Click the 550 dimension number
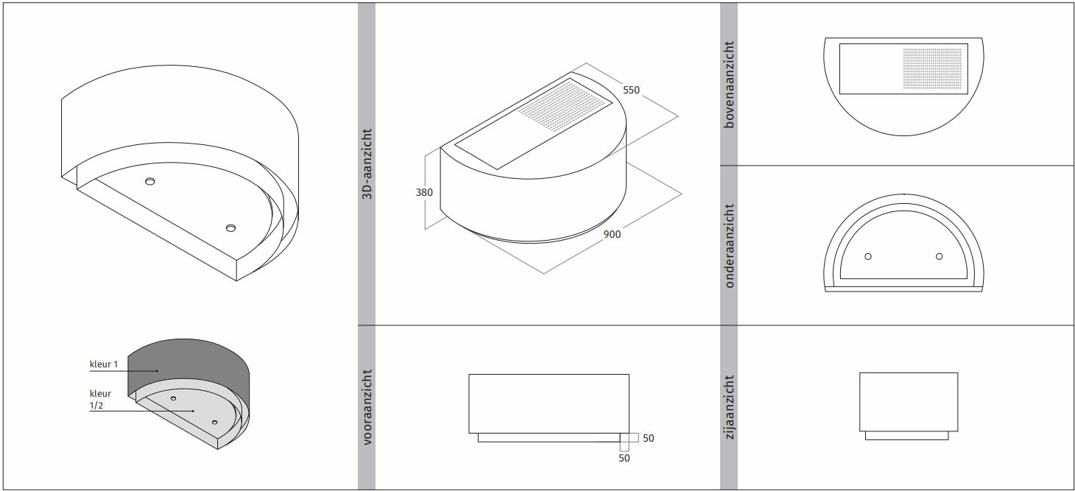coord(631,91)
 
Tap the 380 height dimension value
coord(424,192)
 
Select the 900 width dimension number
coord(612,234)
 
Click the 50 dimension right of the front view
coord(649,438)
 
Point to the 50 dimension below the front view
coord(624,459)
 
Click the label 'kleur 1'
coord(104,364)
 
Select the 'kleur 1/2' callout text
coord(100,399)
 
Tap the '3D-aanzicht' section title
coord(367,163)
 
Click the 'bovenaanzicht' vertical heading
coord(729,85)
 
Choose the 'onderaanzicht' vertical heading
coord(729,246)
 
